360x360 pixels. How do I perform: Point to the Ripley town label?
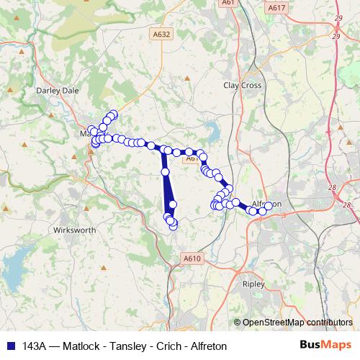253,283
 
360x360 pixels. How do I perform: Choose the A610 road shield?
192,258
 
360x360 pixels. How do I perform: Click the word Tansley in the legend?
105,346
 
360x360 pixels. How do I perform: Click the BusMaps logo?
326,345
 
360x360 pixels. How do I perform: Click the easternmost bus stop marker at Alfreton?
269,206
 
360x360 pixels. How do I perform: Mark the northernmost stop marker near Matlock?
113,114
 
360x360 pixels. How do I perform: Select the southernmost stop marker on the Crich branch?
173,228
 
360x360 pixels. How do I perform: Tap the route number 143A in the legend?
37,346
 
